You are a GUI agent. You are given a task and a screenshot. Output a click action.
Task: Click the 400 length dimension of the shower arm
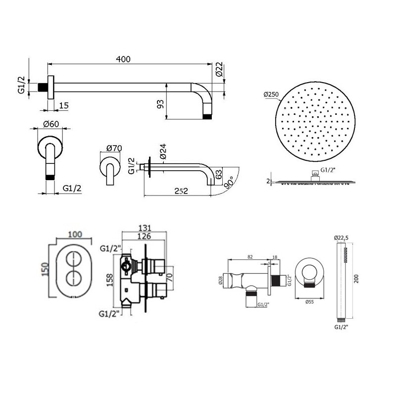123,59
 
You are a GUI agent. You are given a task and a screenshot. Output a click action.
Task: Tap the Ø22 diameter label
219,69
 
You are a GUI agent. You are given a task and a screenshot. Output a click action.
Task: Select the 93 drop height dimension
160,104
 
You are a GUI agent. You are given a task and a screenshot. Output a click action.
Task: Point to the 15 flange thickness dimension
64,105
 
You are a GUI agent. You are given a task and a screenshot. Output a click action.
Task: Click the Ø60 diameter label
51,124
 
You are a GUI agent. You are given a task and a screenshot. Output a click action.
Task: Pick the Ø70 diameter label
114,148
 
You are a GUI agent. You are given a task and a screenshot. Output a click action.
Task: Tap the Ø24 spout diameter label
163,151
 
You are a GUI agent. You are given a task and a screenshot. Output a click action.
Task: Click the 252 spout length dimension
181,191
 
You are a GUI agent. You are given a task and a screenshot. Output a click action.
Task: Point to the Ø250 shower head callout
271,95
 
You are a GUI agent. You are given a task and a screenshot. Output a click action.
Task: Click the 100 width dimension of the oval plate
75,234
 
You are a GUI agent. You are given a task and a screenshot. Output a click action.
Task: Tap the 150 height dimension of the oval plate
45,269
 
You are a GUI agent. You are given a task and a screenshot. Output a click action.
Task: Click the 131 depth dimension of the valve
145,228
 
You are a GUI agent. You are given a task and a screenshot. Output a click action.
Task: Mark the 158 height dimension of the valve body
110,280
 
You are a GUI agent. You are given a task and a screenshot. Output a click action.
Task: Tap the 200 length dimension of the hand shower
356,279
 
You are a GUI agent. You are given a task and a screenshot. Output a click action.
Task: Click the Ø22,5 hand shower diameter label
341,238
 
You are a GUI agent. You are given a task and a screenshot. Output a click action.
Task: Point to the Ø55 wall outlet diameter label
309,301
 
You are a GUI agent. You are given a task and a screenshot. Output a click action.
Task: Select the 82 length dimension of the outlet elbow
250,257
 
